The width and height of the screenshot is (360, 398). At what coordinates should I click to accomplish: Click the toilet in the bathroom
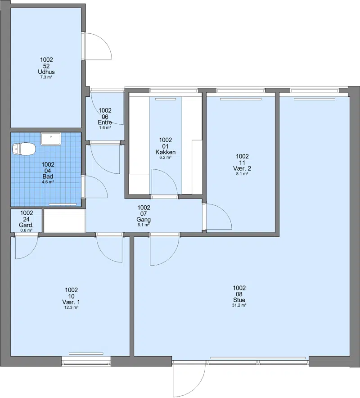(23, 148)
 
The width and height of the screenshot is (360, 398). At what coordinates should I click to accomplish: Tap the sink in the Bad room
(51, 139)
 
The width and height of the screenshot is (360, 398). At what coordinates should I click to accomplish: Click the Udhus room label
(46, 72)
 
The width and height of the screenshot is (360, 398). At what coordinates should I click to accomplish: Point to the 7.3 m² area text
(46, 77)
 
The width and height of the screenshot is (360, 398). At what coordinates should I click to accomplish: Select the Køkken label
(166, 152)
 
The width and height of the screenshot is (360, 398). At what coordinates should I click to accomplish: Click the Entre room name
(105, 122)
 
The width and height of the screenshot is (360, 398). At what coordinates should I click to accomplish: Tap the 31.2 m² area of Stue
(239, 305)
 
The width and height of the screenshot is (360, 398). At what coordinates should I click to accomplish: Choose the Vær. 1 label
(71, 302)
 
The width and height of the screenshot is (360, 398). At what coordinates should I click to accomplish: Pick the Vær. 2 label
(242, 168)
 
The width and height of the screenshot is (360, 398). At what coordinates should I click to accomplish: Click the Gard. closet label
(27, 225)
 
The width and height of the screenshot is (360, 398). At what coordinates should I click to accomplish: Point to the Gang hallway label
(144, 220)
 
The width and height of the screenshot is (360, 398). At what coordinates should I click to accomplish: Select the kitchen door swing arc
(164, 182)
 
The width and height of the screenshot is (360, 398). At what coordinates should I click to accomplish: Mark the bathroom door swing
(96, 186)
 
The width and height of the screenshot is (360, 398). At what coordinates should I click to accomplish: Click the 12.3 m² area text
(71, 308)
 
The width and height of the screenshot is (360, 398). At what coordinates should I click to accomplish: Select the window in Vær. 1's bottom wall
(86, 361)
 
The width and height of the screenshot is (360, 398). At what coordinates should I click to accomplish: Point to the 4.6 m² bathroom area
(48, 182)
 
